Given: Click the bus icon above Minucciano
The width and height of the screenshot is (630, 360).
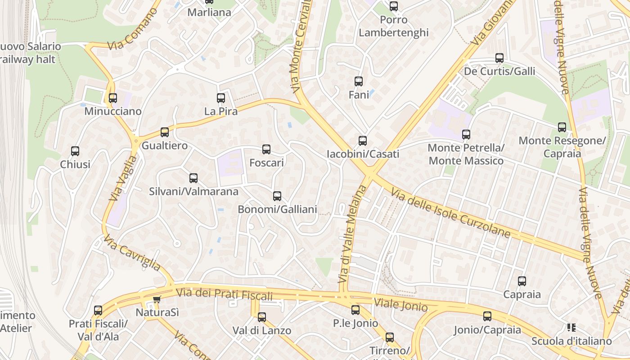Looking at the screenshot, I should pyautogui.click(x=112, y=98).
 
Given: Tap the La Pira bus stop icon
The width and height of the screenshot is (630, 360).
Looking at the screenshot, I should pyautogui.click(x=221, y=98).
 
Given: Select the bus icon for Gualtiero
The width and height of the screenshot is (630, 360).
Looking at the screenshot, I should pyautogui.click(x=165, y=132).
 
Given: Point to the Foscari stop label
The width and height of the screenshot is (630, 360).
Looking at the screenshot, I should pyautogui.click(x=266, y=162).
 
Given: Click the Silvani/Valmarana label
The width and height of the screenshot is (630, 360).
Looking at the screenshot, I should pyautogui.click(x=193, y=191).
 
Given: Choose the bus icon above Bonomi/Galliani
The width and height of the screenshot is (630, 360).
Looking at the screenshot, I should pyautogui.click(x=277, y=196).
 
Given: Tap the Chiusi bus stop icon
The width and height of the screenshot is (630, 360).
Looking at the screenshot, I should pyautogui.click(x=75, y=151).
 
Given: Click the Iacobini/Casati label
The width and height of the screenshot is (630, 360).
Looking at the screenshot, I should pyautogui.click(x=363, y=154).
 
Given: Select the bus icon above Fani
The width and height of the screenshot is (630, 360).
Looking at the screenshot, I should pyautogui.click(x=359, y=81).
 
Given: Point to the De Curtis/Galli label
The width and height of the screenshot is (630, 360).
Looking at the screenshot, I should pyautogui.click(x=499, y=71).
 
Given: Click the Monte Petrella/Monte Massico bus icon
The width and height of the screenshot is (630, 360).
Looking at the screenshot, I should pyautogui.click(x=466, y=134).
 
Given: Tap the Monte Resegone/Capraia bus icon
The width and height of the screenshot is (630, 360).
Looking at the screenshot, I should pyautogui.click(x=562, y=127).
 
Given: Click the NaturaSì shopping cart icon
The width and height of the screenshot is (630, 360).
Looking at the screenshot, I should pyautogui.click(x=157, y=299).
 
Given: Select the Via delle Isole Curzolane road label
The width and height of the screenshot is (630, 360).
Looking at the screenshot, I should pyautogui.click(x=451, y=213).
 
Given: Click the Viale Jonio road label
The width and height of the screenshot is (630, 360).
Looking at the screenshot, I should pyautogui.click(x=400, y=305).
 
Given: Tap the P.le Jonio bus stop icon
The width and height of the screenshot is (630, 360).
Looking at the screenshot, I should pyautogui.click(x=355, y=310).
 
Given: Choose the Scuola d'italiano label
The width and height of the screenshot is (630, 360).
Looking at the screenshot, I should pyautogui.click(x=571, y=341).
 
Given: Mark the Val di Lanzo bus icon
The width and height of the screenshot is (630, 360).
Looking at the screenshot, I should pyautogui.click(x=262, y=317).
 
